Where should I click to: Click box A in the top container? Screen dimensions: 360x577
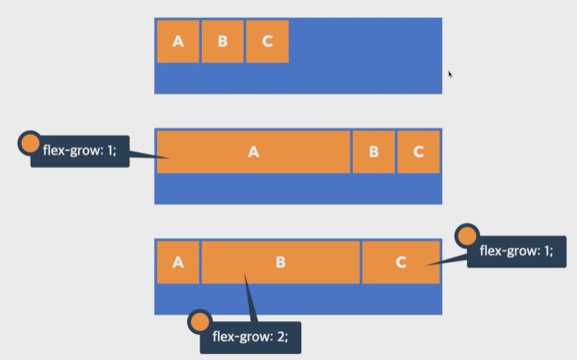[x=178, y=41]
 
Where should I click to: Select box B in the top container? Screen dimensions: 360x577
[x=223, y=41]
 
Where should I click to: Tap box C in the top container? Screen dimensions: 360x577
[x=267, y=41]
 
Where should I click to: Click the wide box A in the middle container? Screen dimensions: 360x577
[x=253, y=152]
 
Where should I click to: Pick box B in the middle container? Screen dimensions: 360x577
[x=374, y=152]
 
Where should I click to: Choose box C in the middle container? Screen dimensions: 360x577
[x=418, y=152]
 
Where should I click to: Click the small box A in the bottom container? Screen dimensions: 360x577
[x=178, y=262]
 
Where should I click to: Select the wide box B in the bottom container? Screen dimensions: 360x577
[x=280, y=262]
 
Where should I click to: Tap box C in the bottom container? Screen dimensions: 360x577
[x=401, y=262]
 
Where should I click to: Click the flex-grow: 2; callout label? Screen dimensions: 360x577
[x=250, y=337]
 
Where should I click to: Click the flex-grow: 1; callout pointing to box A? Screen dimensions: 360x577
[x=79, y=151]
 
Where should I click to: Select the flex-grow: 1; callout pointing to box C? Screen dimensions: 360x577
[x=516, y=251]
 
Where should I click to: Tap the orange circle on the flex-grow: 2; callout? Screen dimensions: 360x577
[x=200, y=322]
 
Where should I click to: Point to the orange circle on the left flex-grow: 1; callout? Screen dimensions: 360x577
[x=29, y=143]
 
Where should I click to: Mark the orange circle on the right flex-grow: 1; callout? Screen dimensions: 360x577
[x=467, y=235]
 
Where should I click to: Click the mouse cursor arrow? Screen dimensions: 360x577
[x=450, y=74]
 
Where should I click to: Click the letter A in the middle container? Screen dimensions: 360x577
[x=253, y=152]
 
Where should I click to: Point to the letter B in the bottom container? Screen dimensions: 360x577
[x=280, y=262]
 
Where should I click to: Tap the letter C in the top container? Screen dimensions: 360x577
[x=267, y=41]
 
